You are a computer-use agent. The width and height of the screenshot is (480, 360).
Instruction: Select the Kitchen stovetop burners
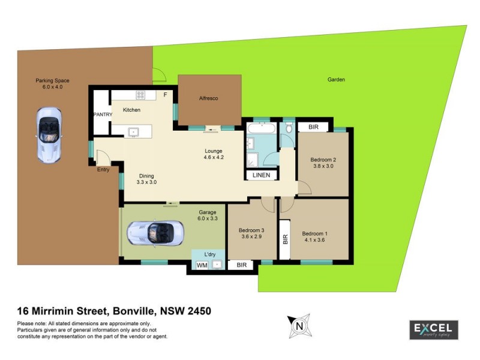[x=141, y=94]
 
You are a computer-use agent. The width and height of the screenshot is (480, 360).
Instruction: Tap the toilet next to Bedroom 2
[x=289, y=128]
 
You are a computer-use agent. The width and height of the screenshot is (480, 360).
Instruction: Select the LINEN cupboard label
[x=261, y=175]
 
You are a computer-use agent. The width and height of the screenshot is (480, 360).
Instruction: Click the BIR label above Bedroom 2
[x=313, y=127]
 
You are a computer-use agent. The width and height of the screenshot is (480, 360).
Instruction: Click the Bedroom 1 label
[x=315, y=234]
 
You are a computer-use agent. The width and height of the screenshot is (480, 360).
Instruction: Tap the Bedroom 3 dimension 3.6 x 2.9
[x=251, y=237]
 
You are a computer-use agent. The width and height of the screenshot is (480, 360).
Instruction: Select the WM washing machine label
[x=202, y=265]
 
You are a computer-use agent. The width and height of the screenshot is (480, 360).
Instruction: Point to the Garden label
[x=336, y=79]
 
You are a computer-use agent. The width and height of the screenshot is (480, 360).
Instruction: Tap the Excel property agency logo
[x=433, y=329]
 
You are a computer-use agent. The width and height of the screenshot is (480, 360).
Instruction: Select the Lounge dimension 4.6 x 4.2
[x=213, y=158]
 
